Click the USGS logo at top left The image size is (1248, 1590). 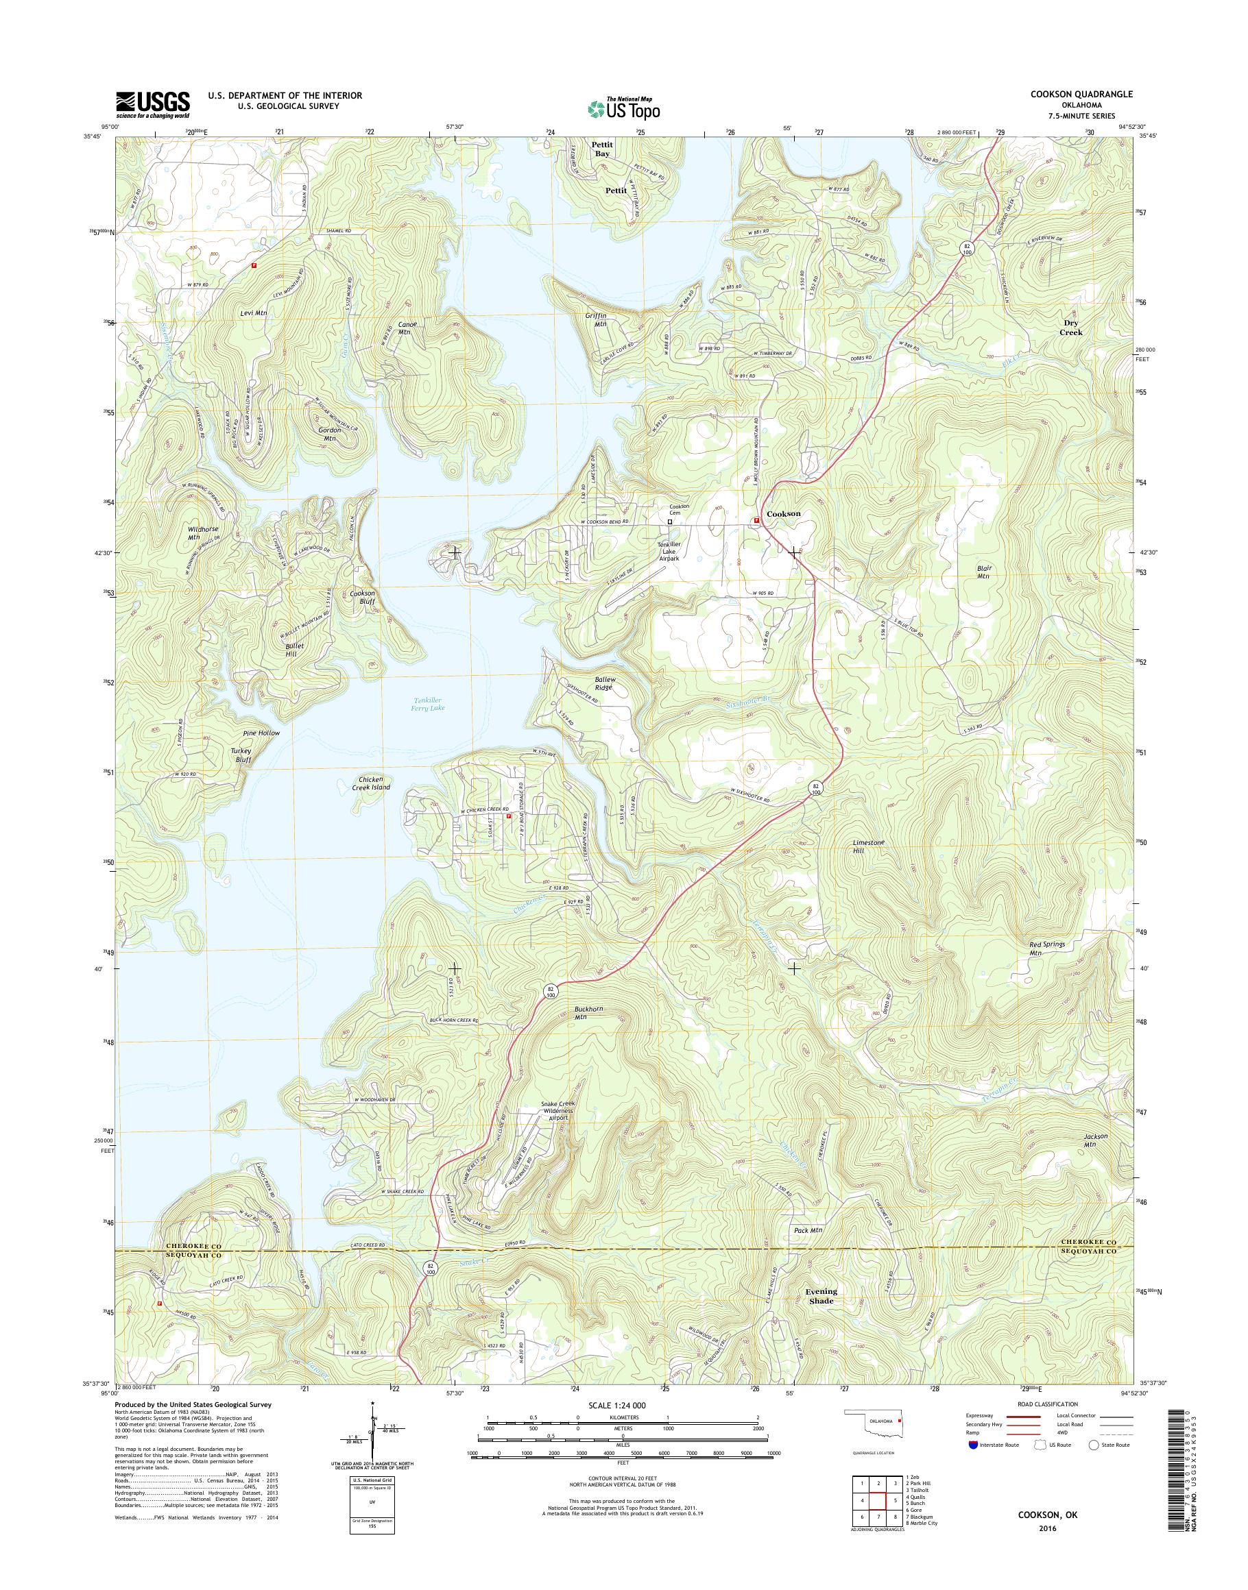point(153,104)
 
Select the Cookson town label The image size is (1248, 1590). point(783,513)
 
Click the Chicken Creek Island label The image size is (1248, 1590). point(365,783)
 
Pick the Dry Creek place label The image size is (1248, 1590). point(1072,327)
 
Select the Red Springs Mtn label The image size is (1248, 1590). point(1046,948)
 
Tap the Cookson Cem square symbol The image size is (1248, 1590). point(669,522)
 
